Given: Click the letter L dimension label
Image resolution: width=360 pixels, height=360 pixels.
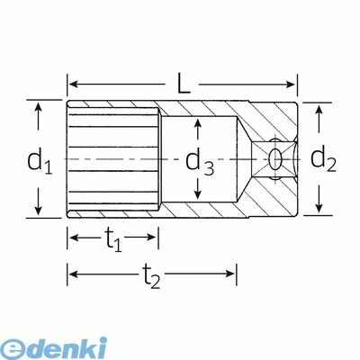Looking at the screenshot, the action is [184, 82].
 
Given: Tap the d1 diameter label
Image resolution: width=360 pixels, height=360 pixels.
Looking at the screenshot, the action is [40, 161].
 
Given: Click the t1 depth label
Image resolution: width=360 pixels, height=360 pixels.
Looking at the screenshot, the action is [112, 240].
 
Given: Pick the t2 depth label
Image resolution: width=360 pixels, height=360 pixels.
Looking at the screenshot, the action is [151, 276].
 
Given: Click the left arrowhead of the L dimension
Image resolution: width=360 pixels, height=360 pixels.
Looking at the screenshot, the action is [74, 85].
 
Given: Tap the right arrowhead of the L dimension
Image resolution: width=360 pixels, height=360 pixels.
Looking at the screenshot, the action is [290, 85].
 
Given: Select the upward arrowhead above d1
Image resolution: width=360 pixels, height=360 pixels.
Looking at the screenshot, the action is [38, 107].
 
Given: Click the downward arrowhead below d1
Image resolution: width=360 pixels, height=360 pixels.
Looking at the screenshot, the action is [38, 211].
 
